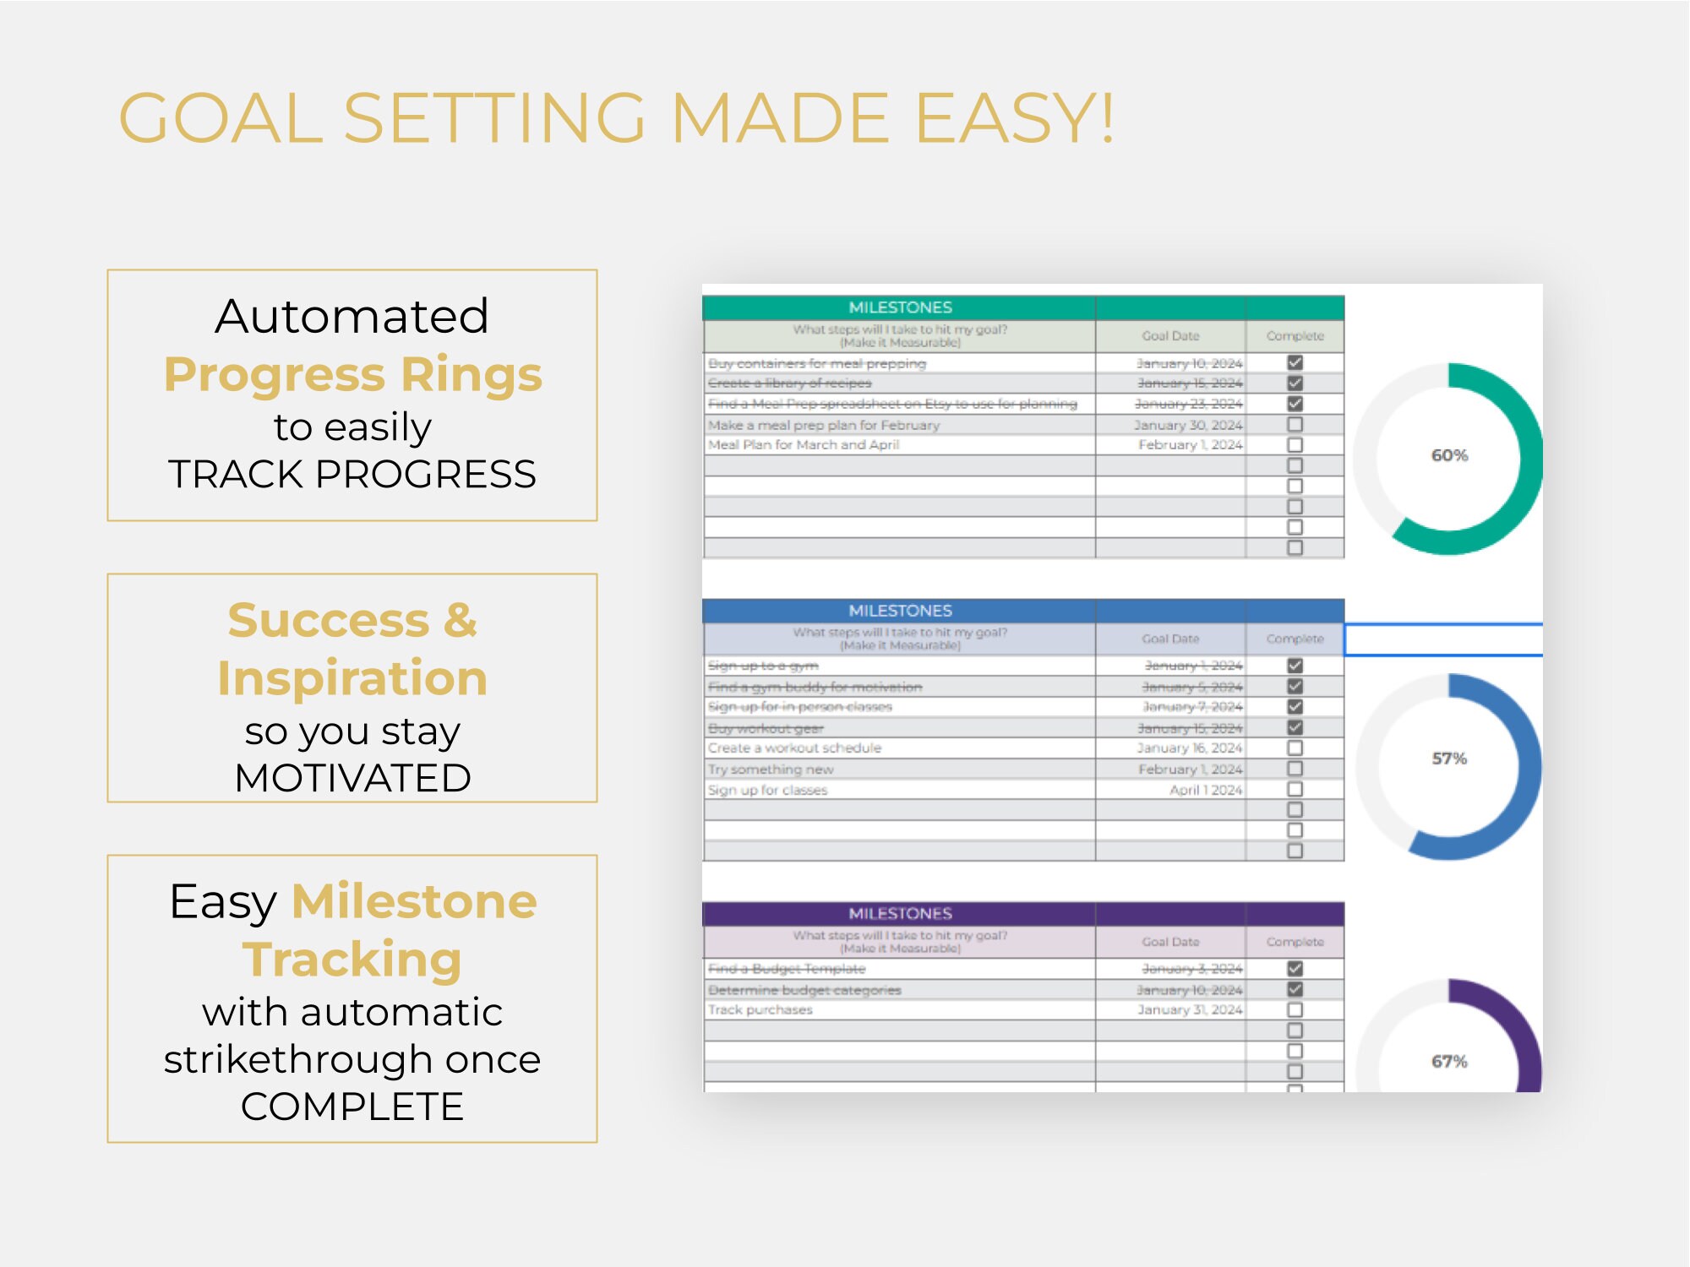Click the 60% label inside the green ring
click(x=1449, y=455)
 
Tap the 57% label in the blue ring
click(x=1449, y=759)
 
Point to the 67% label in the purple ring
click(x=1449, y=1061)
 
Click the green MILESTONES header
click(x=900, y=307)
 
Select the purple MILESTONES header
click(x=900, y=913)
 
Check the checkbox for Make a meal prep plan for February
click(x=1295, y=424)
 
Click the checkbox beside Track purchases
click(x=1295, y=1009)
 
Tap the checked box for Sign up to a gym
click(x=1295, y=666)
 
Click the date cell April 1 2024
click(x=1205, y=790)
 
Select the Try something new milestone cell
click(x=771, y=769)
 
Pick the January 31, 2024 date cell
click(x=1189, y=1009)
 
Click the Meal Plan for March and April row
click(x=804, y=444)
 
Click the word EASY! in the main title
click(x=1015, y=118)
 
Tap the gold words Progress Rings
click(x=352, y=374)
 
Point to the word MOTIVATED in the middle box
click(x=352, y=777)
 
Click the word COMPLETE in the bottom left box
click(x=352, y=1107)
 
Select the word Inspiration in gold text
click(x=352, y=677)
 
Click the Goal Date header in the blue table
click(x=1170, y=639)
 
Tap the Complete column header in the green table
click(x=1295, y=336)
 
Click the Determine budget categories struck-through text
click(x=804, y=990)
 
